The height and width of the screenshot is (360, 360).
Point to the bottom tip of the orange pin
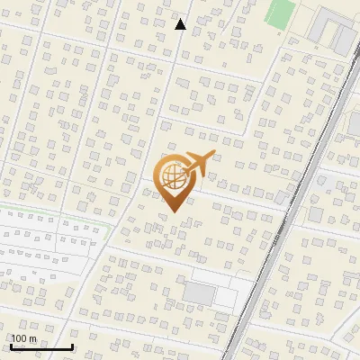coord(172,211)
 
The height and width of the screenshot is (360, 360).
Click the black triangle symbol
coord(181,24)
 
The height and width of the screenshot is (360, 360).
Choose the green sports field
coord(281,13)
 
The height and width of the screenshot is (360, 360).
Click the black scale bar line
coord(41,346)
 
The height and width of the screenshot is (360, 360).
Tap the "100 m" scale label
coord(23,338)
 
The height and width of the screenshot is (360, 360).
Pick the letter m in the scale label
coord(32,338)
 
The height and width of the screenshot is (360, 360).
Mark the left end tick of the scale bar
coord(11,345)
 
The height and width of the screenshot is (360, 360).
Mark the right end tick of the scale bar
coord(72,345)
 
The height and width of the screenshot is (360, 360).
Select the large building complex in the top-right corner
coord(332,31)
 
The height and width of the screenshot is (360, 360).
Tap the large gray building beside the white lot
coord(199,293)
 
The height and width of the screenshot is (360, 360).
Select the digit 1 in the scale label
coord(14,338)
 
